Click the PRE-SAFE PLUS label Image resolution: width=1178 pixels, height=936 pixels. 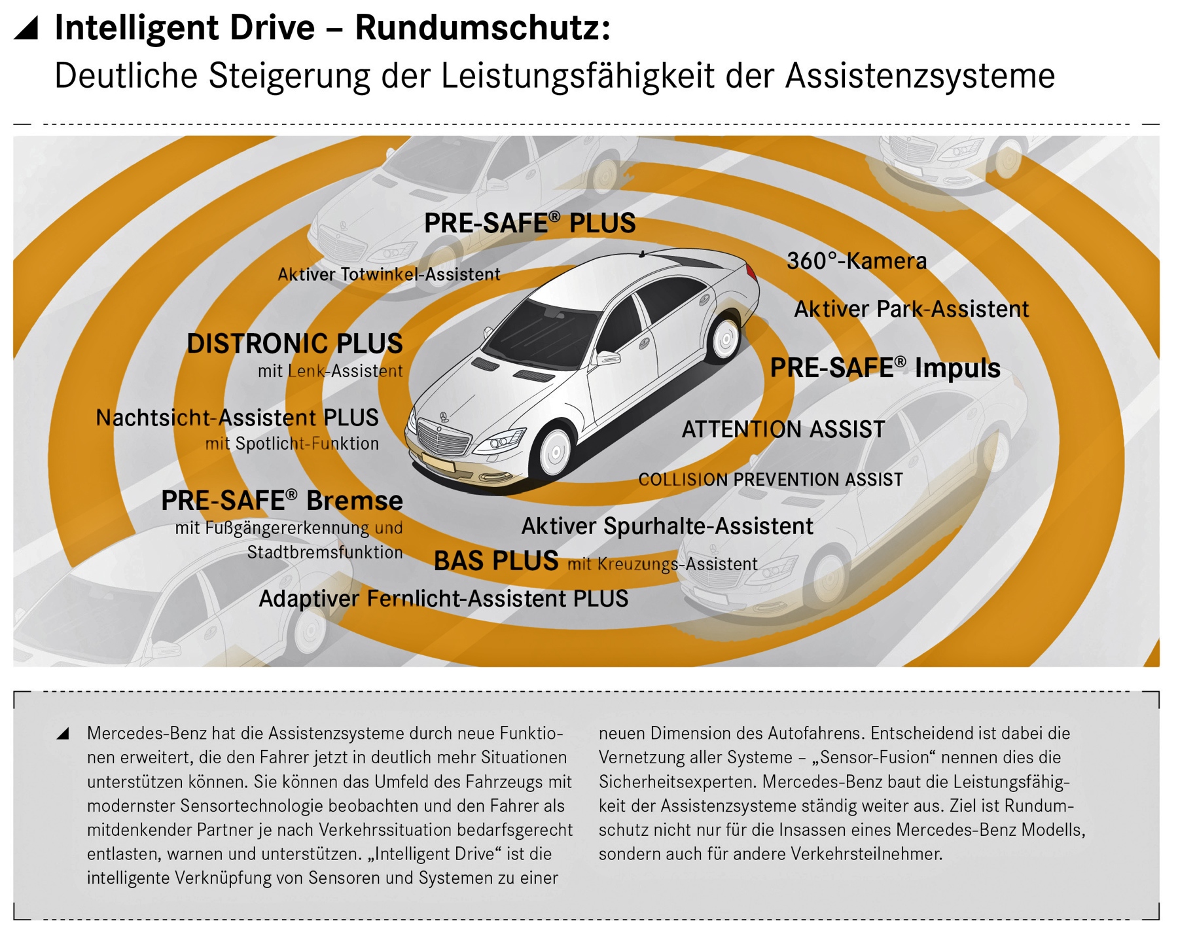pos(529,223)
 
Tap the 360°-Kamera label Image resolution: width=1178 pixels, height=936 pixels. pos(857,261)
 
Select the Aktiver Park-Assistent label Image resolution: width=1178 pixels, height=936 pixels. pos(911,309)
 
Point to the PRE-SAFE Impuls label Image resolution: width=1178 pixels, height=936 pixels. pos(885,368)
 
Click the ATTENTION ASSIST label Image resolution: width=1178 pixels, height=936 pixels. pos(783,429)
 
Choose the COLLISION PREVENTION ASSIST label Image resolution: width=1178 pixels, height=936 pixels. pos(770,480)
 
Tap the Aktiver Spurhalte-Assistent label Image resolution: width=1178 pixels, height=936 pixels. pos(667,526)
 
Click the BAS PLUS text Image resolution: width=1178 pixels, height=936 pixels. pos(496,561)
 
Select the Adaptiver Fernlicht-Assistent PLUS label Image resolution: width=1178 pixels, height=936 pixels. pos(444,599)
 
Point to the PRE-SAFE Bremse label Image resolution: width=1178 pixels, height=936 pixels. pos(282,501)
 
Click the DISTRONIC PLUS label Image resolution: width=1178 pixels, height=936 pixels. pos(294,344)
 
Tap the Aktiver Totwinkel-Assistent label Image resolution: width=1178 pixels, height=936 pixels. pos(389,274)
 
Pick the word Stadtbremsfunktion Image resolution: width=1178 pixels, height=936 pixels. pos(325,552)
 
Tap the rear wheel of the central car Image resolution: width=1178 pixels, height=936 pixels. pos(725,339)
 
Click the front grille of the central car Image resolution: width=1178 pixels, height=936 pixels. pos(444,437)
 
